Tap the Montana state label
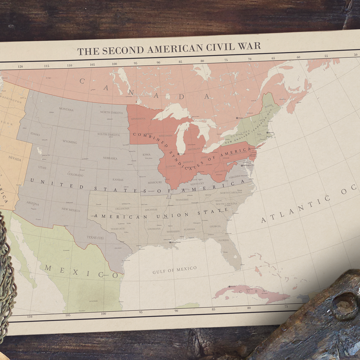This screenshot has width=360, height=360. (66, 110)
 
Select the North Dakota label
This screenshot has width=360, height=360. (111, 112)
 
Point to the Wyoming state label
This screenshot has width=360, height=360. (70, 142)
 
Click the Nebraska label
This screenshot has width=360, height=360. (110, 158)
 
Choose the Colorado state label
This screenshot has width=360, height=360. (75, 175)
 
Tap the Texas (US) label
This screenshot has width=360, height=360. (95, 237)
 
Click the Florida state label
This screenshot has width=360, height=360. (223, 240)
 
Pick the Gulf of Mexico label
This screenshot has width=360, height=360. (174, 270)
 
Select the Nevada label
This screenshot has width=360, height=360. (15, 159)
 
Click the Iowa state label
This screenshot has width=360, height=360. (147, 155)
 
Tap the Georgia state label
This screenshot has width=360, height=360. (215, 226)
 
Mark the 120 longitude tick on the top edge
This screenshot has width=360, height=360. (20, 66)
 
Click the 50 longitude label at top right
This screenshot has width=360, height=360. (355, 55)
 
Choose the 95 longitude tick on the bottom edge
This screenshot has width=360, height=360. (141, 312)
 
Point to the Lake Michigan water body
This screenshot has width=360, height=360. (180, 139)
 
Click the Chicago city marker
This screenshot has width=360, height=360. (179, 154)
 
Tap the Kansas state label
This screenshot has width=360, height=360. (118, 180)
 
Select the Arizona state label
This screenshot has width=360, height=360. (33, 204)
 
